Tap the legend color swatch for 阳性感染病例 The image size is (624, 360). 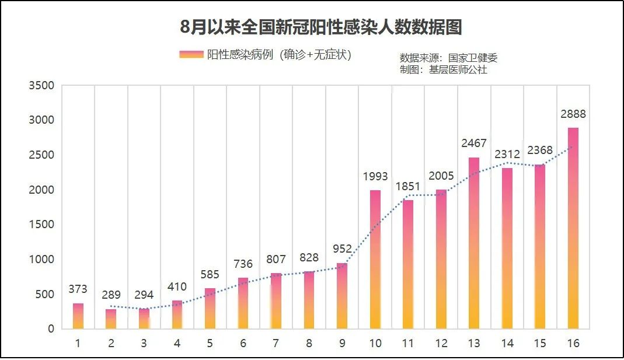191,55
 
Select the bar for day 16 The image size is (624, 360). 573,228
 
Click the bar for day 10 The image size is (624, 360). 375,259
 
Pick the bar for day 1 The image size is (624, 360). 78,316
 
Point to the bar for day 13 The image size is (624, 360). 474,243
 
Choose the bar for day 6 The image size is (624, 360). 243,303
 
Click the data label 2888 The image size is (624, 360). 573,114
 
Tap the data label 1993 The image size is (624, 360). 375,177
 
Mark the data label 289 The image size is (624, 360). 111,295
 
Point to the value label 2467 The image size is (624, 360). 474,144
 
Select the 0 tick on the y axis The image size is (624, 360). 50,329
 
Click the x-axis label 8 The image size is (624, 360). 309,343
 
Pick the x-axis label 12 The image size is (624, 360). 441,343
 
